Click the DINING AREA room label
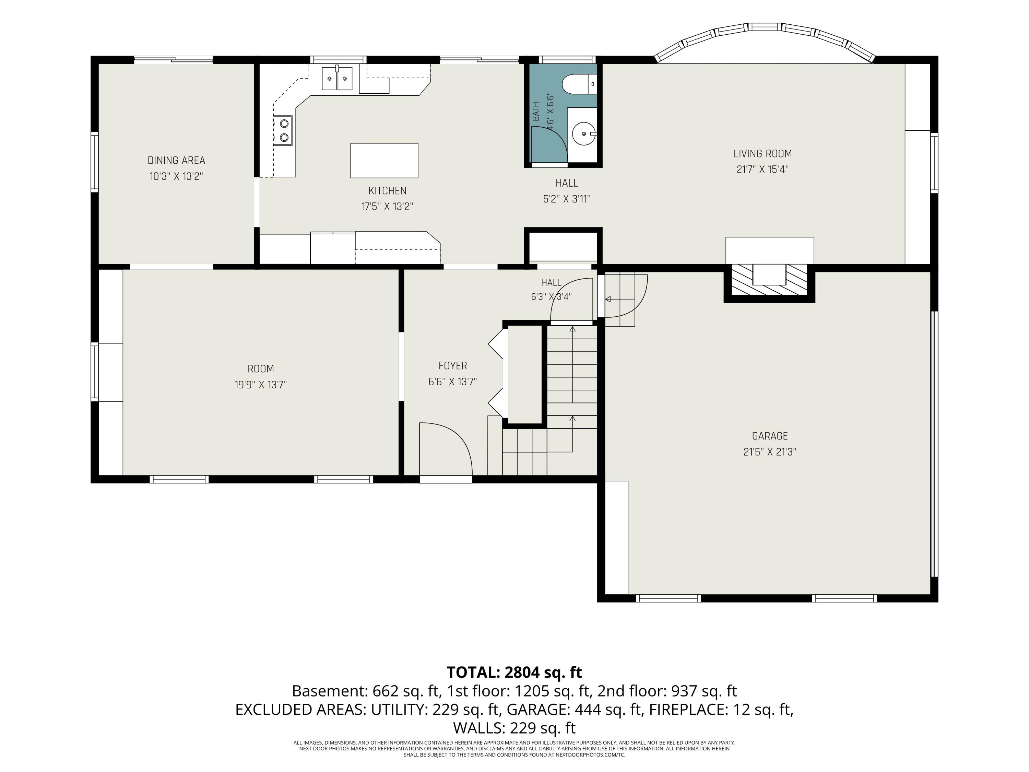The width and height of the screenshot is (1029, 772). point(176,161)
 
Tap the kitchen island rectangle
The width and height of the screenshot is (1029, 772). point(384,161)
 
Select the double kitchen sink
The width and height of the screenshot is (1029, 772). point(337,78)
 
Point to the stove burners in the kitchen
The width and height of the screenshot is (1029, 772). point(283,130)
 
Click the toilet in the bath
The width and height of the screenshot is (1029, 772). point(579,85)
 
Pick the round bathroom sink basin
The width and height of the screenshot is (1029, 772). point(584,134)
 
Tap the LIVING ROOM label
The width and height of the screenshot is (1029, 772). point(762,154)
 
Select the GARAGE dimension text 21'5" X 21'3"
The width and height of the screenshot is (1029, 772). point(770,452)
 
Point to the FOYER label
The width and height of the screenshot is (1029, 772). point(453,366)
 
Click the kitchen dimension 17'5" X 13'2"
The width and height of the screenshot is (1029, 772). point(388,207)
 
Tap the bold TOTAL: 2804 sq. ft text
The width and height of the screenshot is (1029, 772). point(514,672)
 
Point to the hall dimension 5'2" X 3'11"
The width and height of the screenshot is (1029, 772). point(567,199)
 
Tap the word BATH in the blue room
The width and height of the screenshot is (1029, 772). point(536,112)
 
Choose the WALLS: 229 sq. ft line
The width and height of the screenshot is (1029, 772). point(514,728)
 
